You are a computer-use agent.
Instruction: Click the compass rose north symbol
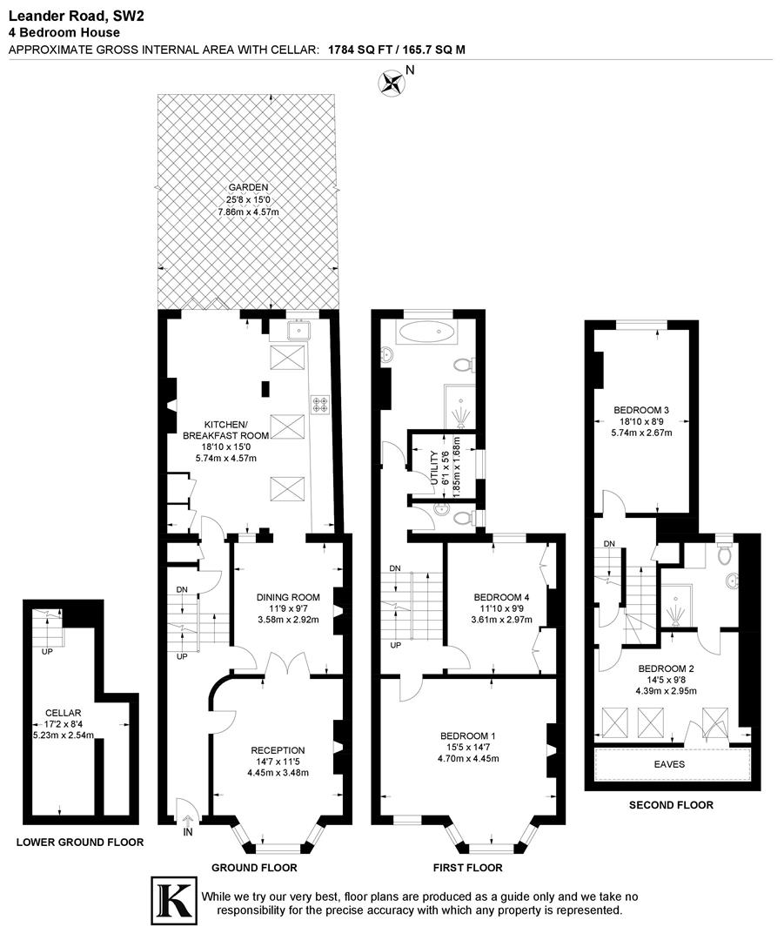coord(392,83)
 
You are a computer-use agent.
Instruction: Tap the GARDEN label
coord(248,187)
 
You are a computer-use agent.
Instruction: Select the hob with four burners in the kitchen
coord(320,404)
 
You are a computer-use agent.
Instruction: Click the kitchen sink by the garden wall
coord(300,330)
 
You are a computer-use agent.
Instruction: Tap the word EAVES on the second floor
coord(669,764)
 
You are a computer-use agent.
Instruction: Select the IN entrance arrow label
coord(188,832)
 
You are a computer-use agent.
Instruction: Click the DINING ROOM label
coord(288,597)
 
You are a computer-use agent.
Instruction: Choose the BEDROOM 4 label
coord(500,597)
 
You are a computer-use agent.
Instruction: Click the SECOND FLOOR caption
coord(671,805)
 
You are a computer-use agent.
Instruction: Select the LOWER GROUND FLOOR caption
coord(80,842)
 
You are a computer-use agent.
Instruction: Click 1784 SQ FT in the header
coord(361,50)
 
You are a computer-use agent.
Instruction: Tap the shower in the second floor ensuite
coord(676,613)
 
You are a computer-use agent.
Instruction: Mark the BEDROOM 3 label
coord(641,410)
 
